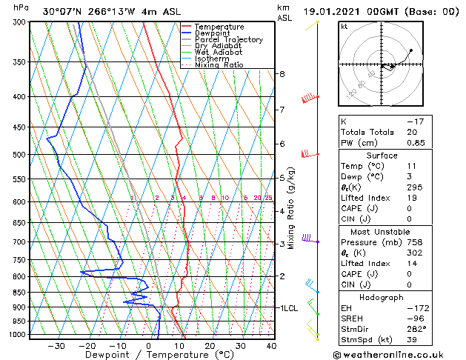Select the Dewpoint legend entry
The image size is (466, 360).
click(216, 33)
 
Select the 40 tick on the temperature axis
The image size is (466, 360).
click(270, 345)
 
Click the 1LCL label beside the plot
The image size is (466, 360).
click(289, 307)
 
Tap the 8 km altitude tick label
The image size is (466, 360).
click(282, 74)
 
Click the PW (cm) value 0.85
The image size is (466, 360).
click(416, 143)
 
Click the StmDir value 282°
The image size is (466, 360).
click(416, 328)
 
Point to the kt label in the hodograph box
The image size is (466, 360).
click(344, 27)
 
